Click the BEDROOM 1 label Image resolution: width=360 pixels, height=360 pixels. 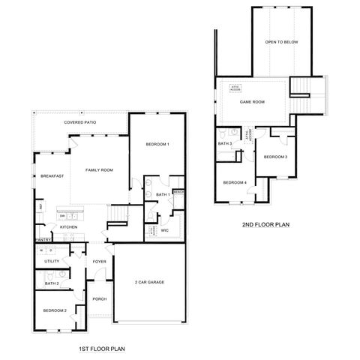(x=157, y=144)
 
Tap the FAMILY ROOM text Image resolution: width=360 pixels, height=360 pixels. (x=98, y=170)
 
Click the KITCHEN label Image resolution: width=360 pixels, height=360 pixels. (x=69, y=226)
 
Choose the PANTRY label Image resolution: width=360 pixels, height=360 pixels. (x=42, y=240)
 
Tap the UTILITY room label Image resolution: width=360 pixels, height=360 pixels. (x=52, y=261)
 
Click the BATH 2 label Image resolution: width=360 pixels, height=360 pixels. (x=52, y=283)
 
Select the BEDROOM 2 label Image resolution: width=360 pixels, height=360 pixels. (x=55, y=310)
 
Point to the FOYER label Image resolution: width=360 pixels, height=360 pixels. (x=99, y=262)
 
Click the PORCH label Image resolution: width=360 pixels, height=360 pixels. (x=99, y=298)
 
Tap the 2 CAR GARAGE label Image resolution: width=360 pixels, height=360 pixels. (x=149, y=282)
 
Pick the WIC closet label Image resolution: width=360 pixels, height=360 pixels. (x=165, y=230)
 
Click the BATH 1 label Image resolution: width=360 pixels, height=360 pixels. (x=163, y=194)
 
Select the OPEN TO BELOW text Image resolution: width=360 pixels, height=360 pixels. (x=282, y=42)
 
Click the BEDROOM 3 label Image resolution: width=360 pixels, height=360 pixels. (x=275, y=157)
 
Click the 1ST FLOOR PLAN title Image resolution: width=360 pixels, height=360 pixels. (x=102, y=349)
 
